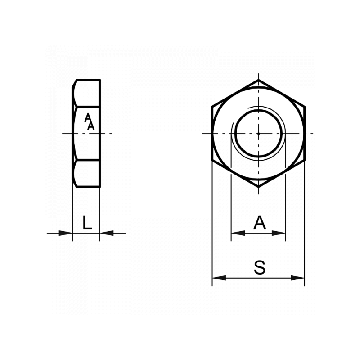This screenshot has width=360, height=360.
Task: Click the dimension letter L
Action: [x=87, y=222]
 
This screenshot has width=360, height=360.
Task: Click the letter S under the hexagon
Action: [x=260, y=267]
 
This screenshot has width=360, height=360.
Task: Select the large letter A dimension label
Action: [x=260, y=222]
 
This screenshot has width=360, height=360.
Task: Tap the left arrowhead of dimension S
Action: [x=219, y=278]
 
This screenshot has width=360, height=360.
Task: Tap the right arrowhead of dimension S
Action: [x=297, y=278]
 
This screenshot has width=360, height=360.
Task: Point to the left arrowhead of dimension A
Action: [x=238, y=233]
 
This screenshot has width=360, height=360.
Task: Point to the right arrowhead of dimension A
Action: [x=279, y=233]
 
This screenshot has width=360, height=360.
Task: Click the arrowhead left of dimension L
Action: [x=66, y=233]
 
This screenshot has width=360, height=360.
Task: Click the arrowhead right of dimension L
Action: [x=107, y=233]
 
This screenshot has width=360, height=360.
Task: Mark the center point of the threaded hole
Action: [x=258, y=133]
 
